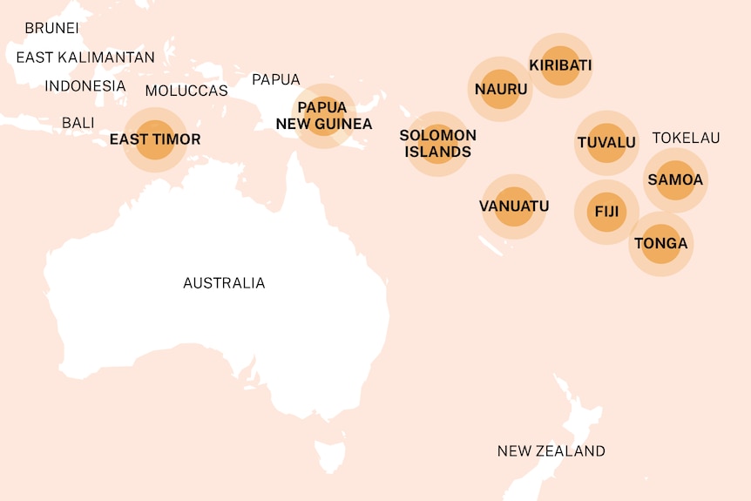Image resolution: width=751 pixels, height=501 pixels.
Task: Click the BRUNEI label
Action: point(51,28)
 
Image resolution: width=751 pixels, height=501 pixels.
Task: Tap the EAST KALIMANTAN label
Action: point(85,58)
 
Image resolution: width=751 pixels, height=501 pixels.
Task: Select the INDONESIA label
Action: point(85,85)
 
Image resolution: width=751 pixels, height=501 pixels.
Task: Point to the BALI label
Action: point(78,123)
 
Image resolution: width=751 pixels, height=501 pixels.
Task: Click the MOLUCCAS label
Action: point(186,91)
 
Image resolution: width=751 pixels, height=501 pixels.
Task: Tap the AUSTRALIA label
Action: point(224,283)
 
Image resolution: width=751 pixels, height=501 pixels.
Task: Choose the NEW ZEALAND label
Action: point(551,450)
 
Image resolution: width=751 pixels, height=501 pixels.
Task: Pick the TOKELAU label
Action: point(687,138)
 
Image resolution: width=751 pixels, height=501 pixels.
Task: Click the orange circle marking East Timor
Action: point(155,140)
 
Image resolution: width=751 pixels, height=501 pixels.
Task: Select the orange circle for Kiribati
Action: point(560,65)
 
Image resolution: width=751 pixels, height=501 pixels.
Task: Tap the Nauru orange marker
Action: point(501,89)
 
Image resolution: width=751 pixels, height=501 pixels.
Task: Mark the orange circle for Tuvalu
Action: point(606,143)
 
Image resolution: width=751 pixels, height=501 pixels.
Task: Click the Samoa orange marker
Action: point(675,180)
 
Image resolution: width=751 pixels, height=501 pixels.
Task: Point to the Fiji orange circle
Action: point(606,212)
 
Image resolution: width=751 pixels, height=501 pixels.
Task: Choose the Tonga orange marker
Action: point(661,243)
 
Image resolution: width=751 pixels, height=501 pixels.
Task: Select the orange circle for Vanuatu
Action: point(514,206)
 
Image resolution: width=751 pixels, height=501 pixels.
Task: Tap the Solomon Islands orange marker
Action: point(437,144)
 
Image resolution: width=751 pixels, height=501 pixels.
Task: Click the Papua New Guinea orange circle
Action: point(323,117)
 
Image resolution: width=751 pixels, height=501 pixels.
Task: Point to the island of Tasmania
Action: point(330,456)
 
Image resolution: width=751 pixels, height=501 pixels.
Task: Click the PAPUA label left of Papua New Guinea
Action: point(275,80)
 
